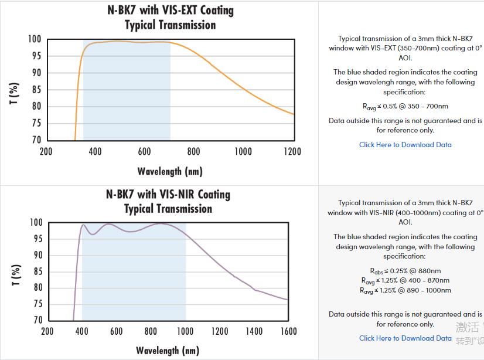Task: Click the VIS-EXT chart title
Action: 170,18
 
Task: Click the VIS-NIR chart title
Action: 168,201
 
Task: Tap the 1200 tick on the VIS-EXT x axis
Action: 292,151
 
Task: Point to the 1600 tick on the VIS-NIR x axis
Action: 288,331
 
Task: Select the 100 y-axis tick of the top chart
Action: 35,39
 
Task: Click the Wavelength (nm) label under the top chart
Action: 170,171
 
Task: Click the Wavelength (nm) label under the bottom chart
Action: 168,351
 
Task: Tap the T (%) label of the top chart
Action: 15,93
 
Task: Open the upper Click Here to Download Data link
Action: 405,145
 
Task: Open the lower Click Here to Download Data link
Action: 405,338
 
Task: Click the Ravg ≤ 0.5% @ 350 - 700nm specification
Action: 405,107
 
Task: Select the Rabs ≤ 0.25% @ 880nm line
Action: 405,271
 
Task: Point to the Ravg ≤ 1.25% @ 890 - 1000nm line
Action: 405,290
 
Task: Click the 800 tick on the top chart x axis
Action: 194,151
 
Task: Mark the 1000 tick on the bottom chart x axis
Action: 185,331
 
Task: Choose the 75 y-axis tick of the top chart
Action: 35,123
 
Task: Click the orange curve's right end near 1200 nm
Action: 294,114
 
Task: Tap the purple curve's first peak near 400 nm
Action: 83,225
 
